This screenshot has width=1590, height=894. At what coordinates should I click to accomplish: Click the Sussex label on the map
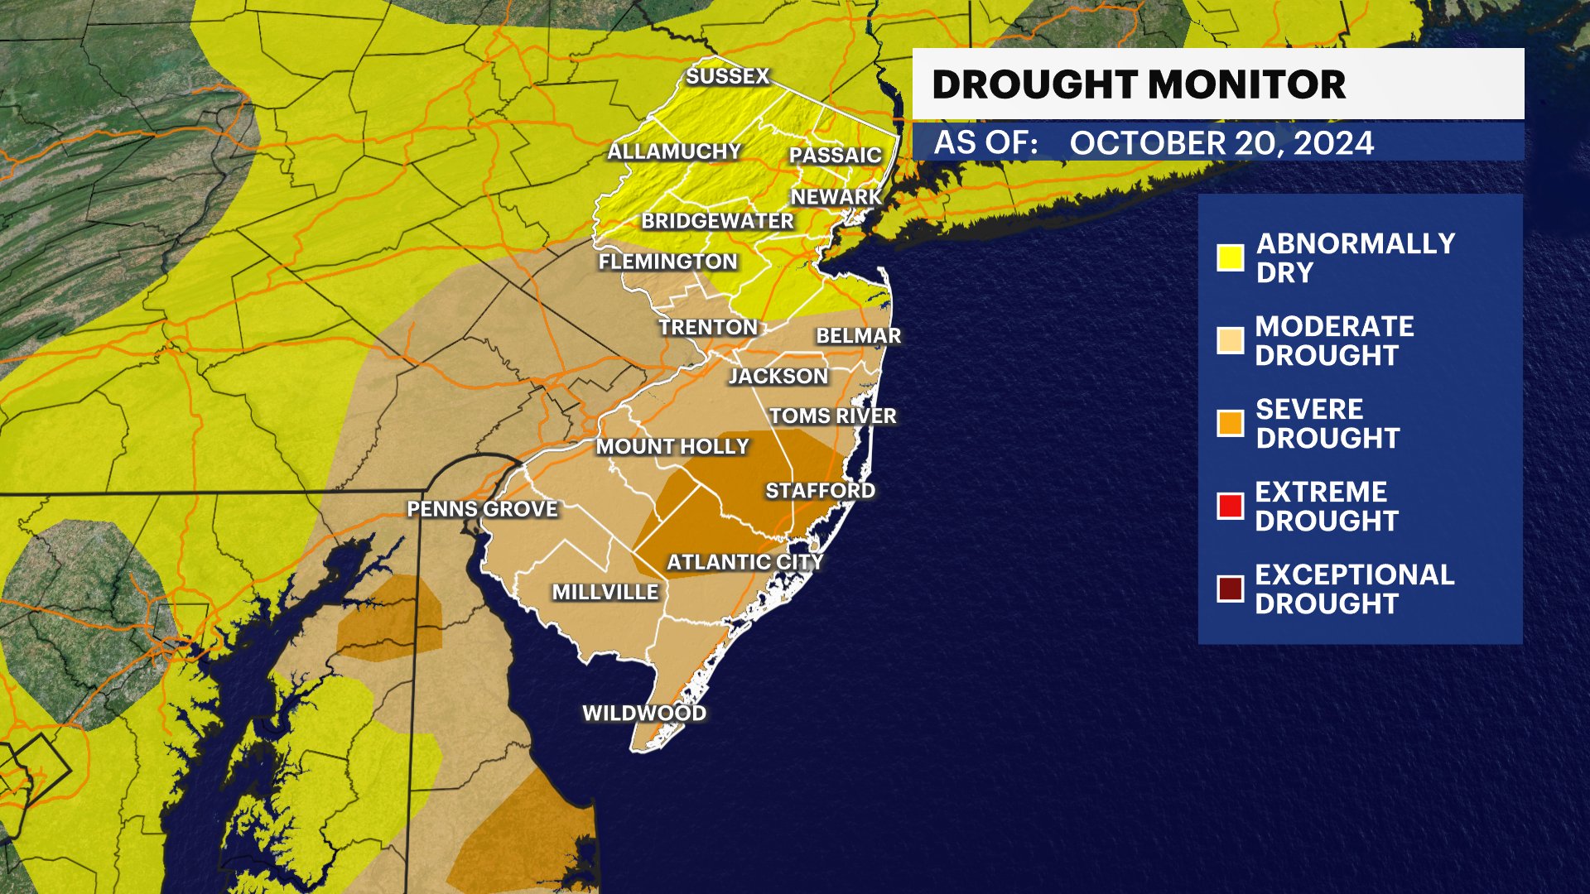728,76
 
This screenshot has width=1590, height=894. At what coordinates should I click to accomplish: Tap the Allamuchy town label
674,151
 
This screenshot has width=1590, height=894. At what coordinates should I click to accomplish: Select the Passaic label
835,155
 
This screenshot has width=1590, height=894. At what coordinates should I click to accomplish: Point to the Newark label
836,197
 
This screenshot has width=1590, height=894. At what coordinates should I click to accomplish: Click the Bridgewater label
717,221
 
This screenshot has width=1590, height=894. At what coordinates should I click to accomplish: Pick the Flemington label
667,262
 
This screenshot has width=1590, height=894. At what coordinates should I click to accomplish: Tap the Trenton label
708,327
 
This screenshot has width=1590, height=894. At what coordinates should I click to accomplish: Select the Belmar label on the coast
858,335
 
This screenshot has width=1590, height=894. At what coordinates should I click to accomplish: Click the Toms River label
832,416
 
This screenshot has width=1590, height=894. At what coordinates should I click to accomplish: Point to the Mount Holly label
672,446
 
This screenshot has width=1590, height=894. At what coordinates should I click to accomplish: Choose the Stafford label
820,491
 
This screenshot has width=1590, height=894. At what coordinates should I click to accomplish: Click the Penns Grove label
482,509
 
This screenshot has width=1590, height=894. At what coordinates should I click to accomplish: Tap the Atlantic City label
744,562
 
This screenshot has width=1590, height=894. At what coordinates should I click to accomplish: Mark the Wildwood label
644,713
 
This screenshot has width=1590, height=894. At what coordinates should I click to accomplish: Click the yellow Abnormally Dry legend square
1230,257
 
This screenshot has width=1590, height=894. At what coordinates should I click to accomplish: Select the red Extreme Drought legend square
1230,506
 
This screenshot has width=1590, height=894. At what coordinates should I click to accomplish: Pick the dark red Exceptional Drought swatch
1230,589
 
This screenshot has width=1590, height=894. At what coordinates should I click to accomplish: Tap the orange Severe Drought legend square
1230,423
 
